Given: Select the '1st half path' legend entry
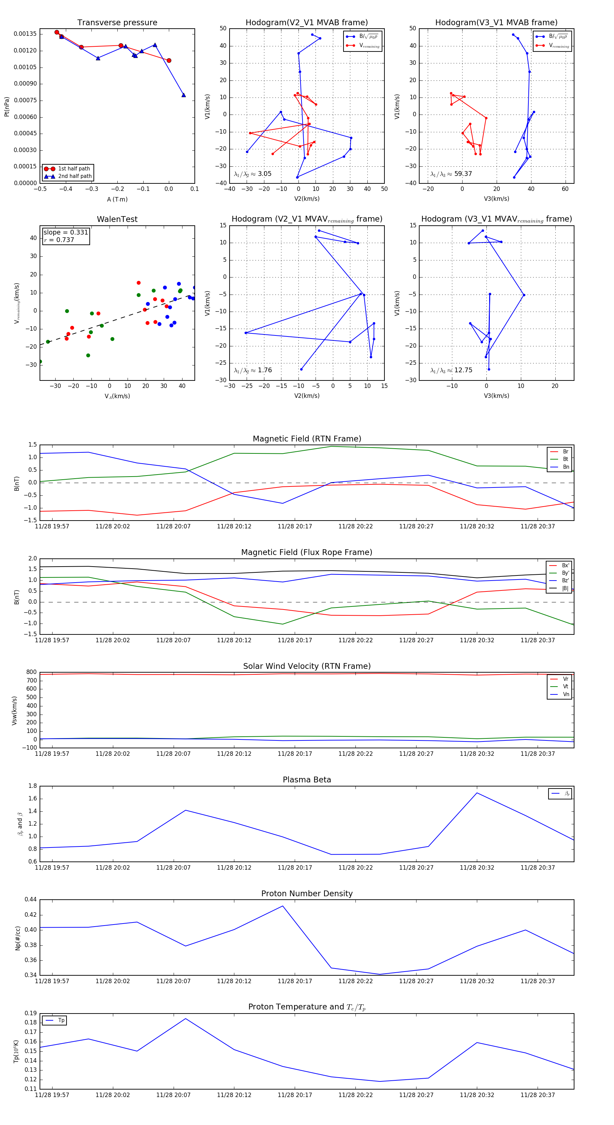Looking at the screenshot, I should click(73, 168).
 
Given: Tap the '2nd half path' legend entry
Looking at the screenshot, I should click(75, 177).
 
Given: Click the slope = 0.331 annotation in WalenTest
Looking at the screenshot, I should click(65, 232).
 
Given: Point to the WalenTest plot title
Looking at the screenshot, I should click(117, 219).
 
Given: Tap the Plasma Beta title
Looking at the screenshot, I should click(307, 780).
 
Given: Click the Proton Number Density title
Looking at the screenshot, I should click(307, 894).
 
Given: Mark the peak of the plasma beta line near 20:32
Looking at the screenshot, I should click(477, 793).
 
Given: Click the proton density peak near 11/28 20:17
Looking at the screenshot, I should click(283, 906).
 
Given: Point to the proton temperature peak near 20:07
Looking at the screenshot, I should click(186, 1019).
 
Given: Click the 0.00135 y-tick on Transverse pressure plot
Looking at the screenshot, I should click(25, 34).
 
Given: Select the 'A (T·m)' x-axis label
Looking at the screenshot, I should click(117, 199).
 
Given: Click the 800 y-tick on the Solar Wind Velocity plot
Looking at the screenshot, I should click(31, 672).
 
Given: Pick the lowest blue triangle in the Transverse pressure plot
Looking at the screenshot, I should click(184, 95).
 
